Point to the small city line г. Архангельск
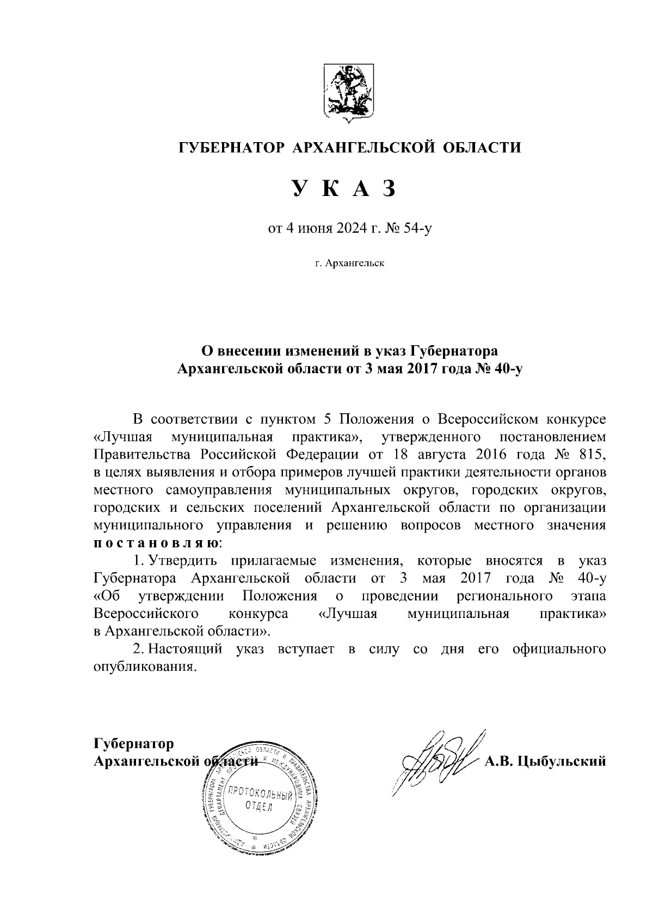pos(349,264)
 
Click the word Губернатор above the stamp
pos(134,743)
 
